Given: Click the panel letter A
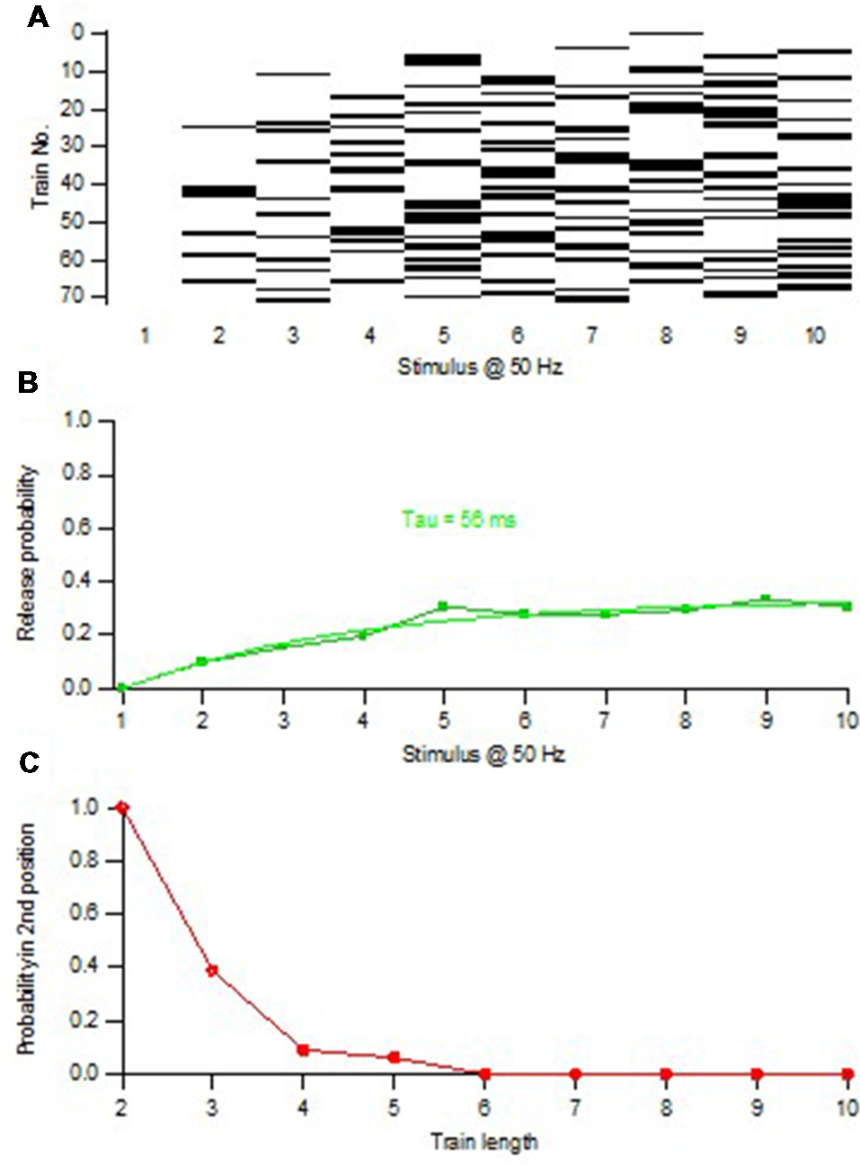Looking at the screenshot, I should [37, 17].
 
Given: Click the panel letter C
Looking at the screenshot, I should [29, 762].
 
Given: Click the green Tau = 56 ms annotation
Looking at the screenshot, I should [458, 520].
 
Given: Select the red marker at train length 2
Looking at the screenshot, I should [122, 807].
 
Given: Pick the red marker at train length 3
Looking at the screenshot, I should [213, 971].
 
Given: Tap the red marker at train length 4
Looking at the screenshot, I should [304, 1050].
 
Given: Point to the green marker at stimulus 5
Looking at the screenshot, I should [443, 607].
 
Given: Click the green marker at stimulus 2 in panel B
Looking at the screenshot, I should [202, 662].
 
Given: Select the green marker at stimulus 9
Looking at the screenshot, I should [766, 600].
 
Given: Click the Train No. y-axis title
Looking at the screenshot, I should [40, 167].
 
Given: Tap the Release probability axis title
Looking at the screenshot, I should [26, 553].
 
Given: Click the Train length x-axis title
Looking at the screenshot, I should [483, 1143].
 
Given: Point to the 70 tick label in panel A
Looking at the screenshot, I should [73, 296].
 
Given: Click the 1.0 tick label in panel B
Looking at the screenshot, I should [77, 421].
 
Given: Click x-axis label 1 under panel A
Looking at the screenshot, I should [145, 335].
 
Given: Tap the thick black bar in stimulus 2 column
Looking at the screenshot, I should [218, 191].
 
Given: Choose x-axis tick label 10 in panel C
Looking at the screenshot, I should [847, 1107].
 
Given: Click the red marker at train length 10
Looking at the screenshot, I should [847, 1074].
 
